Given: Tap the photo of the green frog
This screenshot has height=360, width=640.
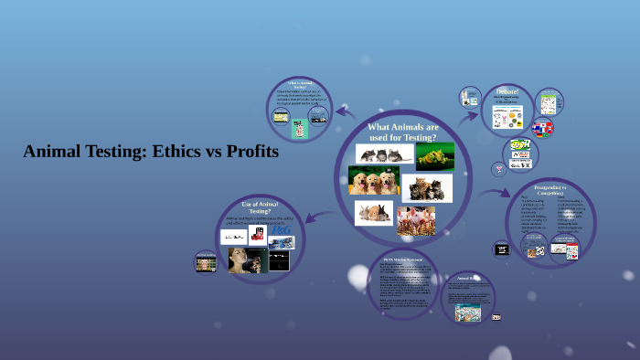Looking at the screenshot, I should pyautogui.click(x=435, y=155).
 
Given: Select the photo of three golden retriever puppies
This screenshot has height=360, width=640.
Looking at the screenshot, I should pyautogui.click(x=374, y=181).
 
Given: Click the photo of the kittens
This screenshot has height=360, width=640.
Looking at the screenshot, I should pyautogui.click(x=427, y=188).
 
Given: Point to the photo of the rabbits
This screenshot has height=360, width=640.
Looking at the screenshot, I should pyautogui.click(x=373, y=214).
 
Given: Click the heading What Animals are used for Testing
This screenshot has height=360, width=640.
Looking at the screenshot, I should pyautogui.click(x=403, y=132).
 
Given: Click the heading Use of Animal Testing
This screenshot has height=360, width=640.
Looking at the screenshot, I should pyautogui.click(x=260, y=206).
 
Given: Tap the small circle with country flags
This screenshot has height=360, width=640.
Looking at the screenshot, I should pyautogui.click(x=543, y=128).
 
